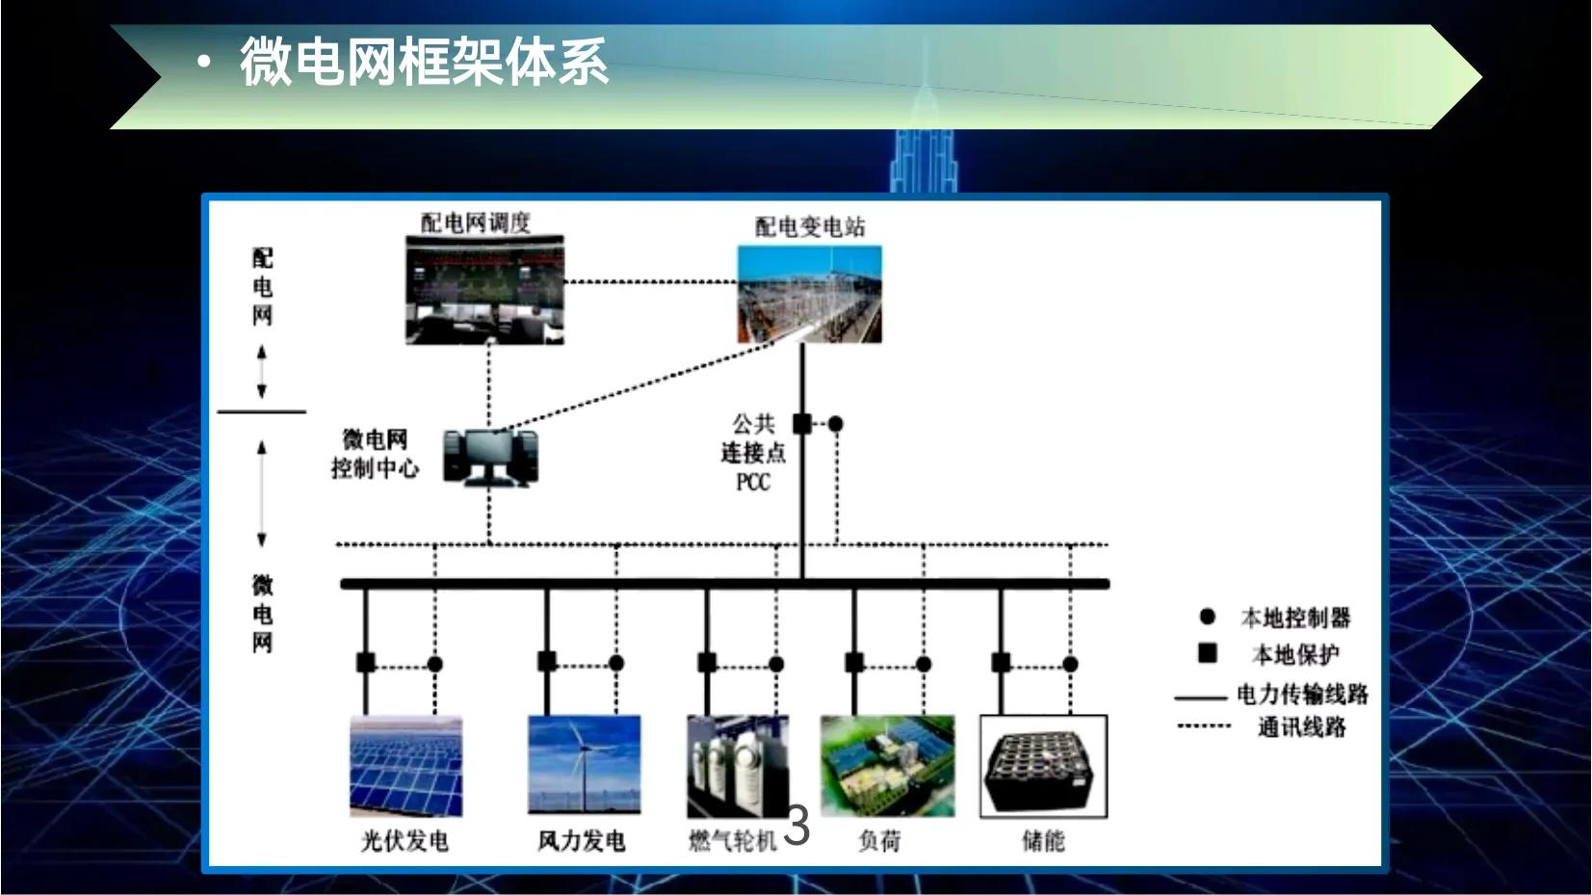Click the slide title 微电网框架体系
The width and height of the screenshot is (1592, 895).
[424, 63]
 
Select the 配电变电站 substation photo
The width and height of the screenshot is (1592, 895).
[809, 294]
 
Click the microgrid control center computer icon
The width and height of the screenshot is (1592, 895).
[490, 457]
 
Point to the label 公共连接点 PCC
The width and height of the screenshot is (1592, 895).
[753, 452]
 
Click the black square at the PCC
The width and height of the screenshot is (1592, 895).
[801, 423]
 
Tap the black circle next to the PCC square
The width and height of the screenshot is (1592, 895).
[836, 424]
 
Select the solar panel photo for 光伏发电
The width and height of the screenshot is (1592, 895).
[405, 766]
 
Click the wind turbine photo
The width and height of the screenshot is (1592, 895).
[584, 765]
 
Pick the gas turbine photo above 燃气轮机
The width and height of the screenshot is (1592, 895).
[737, 765]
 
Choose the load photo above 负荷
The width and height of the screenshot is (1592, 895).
[887, 766]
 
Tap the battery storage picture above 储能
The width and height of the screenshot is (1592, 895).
[1043, 767]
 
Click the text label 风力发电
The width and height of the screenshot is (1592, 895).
[582, 841]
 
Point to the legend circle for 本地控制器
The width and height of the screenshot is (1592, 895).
[1207, 617]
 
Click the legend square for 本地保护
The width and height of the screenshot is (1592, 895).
[1207, 653]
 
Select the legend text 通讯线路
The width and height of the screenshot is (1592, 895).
[1301, 727]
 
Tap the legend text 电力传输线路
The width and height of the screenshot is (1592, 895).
[1302, 694]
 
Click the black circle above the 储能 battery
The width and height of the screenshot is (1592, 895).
[1070, 664]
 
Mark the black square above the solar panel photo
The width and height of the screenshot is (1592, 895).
[366, 663]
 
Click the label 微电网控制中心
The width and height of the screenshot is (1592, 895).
[375, 454]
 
